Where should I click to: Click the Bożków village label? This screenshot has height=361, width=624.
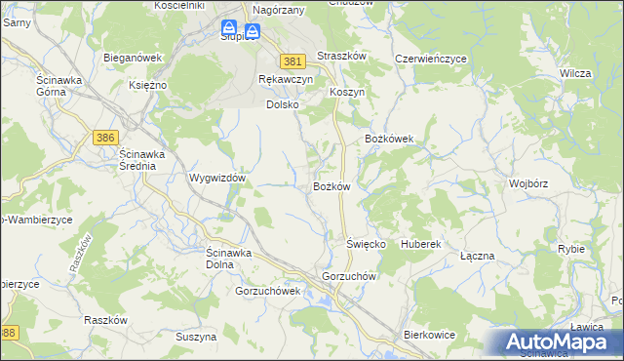tap(331, 186)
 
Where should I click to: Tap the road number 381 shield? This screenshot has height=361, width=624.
tap(292, 60)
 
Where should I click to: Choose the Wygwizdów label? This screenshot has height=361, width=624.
tap(216, 180)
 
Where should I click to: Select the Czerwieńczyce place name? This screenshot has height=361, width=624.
tap(431, 59)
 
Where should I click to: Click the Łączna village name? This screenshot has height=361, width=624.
tap(478, 256)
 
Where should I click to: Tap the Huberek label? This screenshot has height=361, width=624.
tap(421, 243)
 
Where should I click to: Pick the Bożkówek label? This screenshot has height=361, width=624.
tap(390, 140)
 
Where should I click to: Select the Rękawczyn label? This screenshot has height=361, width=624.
tap(285, 79)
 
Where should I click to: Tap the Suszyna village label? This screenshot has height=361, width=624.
tap(196, 337)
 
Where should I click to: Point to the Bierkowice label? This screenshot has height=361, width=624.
tap(430, 335)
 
